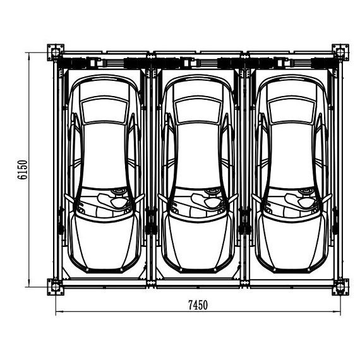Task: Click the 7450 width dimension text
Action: (x=198, y=305)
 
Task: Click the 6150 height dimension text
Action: (x=23, y=170)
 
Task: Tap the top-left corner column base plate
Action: (x=56, y=52)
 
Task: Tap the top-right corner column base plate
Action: (x=340, y=52)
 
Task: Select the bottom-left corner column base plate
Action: (x=56, y=287)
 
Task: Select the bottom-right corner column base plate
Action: (x=340, y=287)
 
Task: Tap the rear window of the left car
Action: (x=105, y=111)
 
